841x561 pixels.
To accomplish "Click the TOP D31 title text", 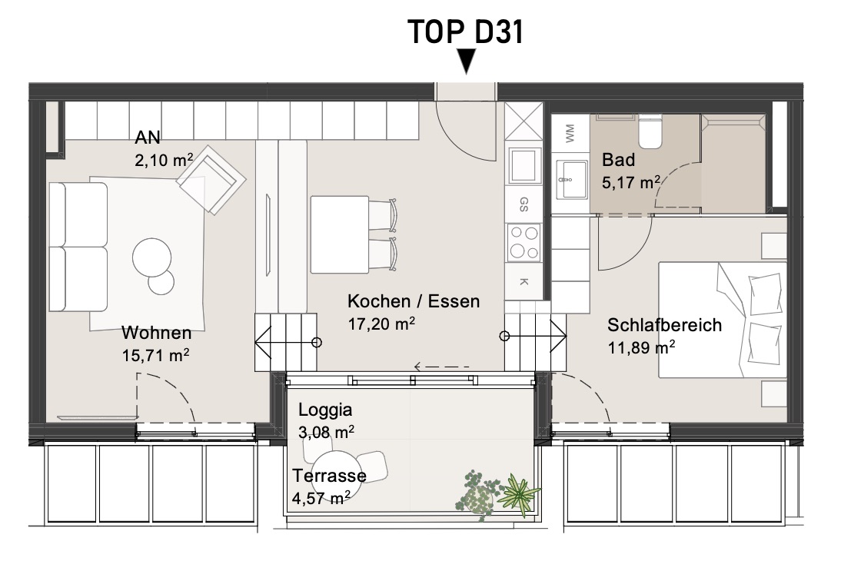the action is click(x=465, y=32).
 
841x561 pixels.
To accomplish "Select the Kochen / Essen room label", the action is click(x=414, y=301).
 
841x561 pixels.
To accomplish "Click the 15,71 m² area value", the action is click(x=155, y=355).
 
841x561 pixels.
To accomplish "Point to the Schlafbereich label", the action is click(x=664, y=325).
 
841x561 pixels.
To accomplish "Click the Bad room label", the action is click(x=618, y=159).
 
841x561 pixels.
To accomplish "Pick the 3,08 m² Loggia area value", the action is click(x=326, y=432).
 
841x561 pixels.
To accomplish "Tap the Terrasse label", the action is click(x=329, y=475).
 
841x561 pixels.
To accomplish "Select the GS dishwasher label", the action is click(x=524, y=204).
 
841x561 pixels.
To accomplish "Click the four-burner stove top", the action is click(x=524, y=242).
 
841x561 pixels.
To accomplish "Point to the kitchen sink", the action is click(x=524, y=166).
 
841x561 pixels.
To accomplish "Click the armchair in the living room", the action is click(x=212, y=180).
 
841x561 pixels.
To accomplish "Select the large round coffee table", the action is click(x=151, y=257).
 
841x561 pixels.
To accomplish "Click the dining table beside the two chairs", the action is click(x=340, y=235).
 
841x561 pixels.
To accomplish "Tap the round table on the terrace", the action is click(x=333, y=471).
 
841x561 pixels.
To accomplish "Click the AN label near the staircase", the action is click(x=148, y=138).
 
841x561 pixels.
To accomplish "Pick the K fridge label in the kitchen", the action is click(x=524, y=281).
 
